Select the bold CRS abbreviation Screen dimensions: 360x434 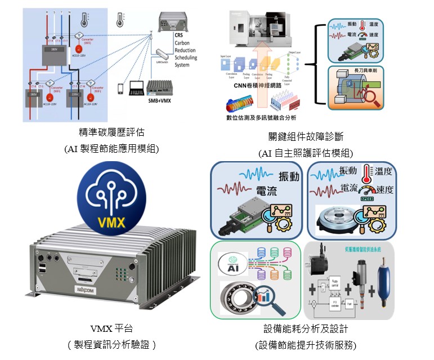pos(179,35)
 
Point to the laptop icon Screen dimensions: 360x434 pos(136,89)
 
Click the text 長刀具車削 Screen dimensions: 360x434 pos(366,70)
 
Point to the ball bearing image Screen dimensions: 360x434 pos(237,297)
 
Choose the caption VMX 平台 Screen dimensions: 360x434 pos(111,328)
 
